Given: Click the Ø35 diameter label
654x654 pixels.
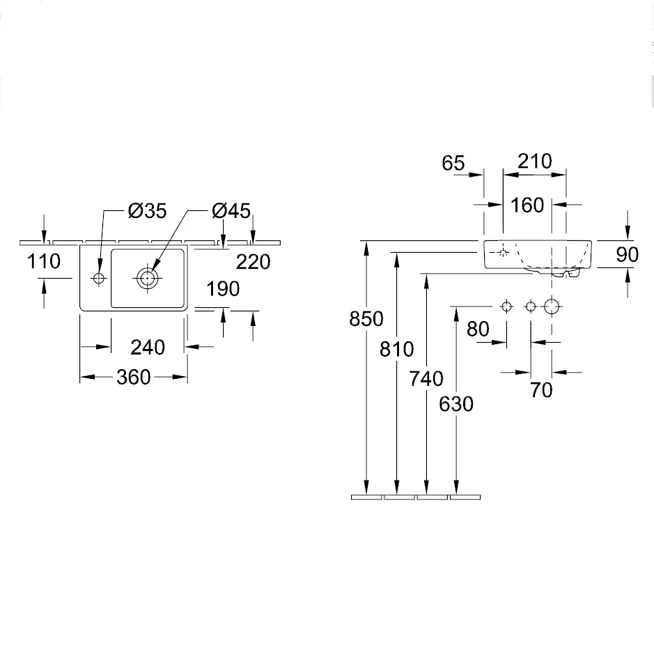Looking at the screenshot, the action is coord(147,210).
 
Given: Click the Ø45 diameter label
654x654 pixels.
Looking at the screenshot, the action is coord(231,210).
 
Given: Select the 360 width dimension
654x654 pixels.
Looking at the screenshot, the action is coord(134,377).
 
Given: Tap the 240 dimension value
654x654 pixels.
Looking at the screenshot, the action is coord(148,347).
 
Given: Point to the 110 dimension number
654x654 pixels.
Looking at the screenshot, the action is coord(44,261).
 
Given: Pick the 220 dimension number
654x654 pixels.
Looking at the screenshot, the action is coord(254,262).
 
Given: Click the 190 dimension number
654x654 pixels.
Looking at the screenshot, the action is coord(223,288).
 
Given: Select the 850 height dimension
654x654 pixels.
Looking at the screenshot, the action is coord(366,319).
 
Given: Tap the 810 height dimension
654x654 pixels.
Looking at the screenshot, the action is coord(397,349).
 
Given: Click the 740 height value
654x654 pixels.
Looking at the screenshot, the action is coord(426,379).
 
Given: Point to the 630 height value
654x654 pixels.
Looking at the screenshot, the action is coord(456,404).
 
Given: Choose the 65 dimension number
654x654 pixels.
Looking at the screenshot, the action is coord(453,163).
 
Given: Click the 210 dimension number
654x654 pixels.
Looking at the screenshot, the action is coord(535,161).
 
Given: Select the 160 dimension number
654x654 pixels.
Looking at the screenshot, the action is coord(527,205).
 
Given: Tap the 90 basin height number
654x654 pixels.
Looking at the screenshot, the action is coord(628,254).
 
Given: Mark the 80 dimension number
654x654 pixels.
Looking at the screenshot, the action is coord(478,329).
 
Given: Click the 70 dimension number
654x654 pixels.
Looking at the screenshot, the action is coord(541,390).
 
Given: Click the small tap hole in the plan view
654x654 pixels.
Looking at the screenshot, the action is coord(99,278).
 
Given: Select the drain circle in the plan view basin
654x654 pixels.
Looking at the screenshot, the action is coord(147,278).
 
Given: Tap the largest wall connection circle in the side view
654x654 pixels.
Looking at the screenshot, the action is coord(552,306).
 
